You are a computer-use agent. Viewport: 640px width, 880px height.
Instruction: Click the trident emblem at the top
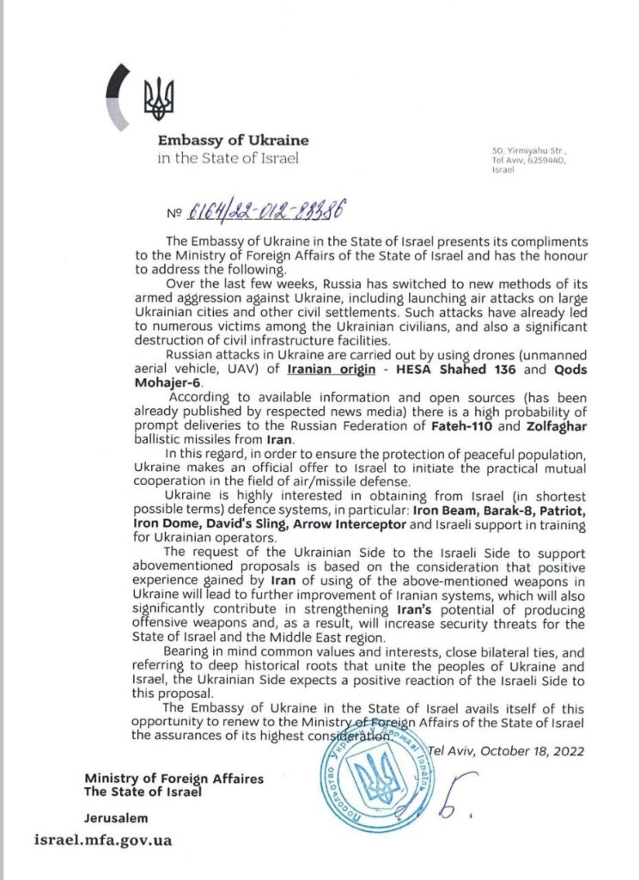[x=158, y=98]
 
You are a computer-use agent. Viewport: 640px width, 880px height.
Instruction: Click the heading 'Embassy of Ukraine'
[x=232, y=140]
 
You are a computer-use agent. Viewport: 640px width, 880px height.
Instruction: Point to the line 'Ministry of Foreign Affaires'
[x=174, y=778]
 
